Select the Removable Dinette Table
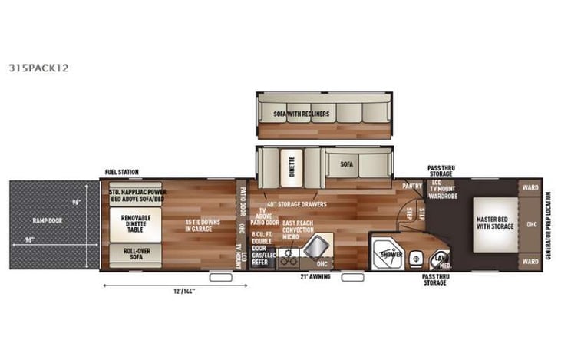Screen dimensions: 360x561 [x=135, y=223]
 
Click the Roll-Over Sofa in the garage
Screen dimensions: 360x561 [x=135, y=253]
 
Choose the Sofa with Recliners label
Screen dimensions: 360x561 [x=302, y=114]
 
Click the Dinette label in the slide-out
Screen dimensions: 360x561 [x=292, y=163]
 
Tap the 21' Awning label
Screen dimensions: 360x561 [x=314, y=277]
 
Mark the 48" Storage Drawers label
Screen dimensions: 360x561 [x=296, y=205]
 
